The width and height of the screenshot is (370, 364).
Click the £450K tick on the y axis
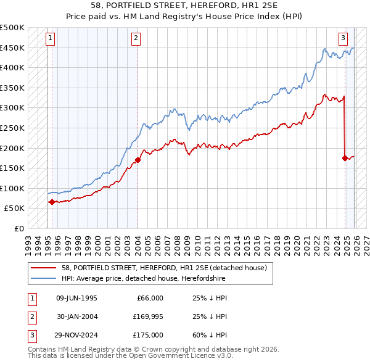(12, 48)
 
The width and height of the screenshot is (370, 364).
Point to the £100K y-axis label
(12, 188)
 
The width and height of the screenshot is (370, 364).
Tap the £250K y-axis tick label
(12, 128)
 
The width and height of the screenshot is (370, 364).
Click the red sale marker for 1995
(52, 202)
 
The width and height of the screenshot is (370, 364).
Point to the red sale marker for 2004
(138, 160)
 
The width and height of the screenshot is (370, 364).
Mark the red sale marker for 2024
(345, 158)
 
